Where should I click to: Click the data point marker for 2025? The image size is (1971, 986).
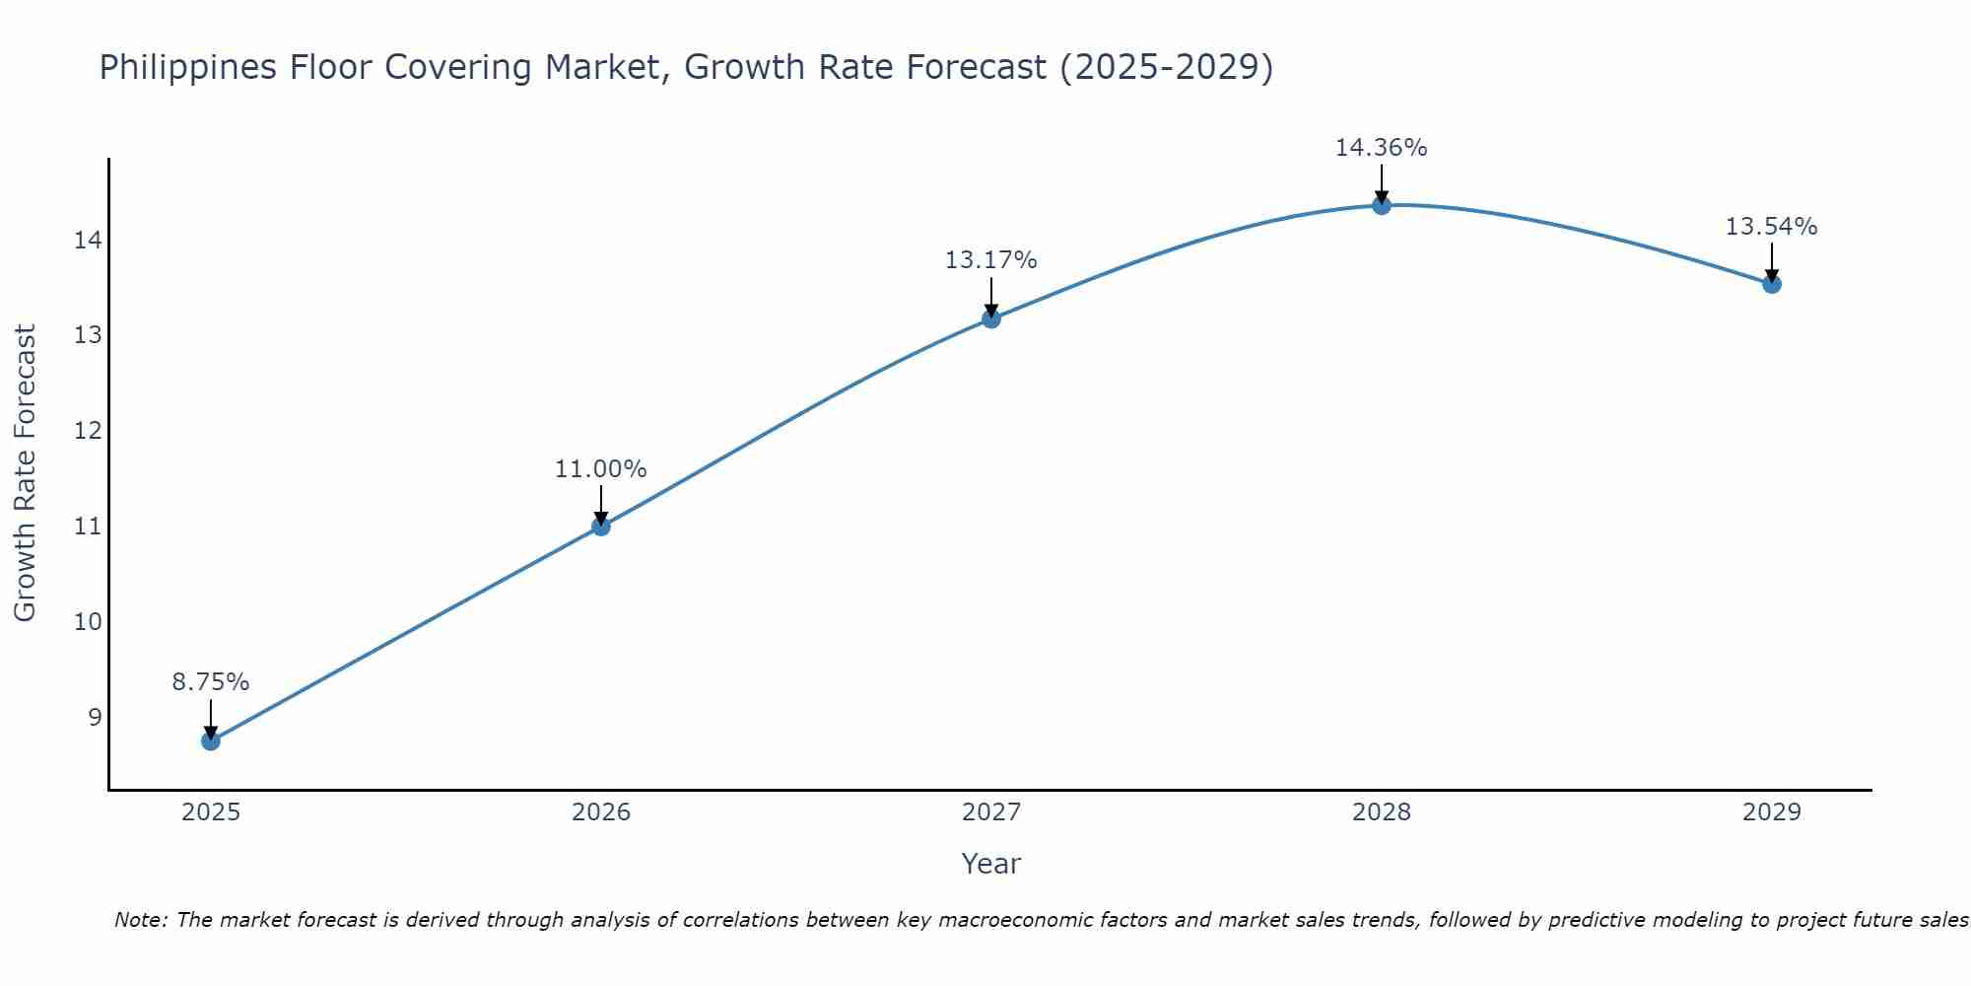coord(211,740)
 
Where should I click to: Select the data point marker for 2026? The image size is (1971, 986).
coord(601,527)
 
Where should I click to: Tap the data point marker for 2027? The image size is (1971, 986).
coord(991,318)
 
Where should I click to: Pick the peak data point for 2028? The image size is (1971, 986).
coord(1382,205)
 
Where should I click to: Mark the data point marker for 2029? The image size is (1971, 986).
coord(1772,284)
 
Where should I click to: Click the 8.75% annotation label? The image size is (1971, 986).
coord(211,682)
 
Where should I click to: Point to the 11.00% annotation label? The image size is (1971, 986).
coord(601,469)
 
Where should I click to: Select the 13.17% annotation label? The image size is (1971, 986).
coord(991,260)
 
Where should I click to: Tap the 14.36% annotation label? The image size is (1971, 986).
coord(1382,148)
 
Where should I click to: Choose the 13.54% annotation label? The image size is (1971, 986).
coord(1772,227)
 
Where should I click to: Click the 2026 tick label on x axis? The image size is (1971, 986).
coord(601,812)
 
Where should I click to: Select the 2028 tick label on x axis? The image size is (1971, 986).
coord(1382,812)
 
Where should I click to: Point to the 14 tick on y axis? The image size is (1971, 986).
coord(87,240)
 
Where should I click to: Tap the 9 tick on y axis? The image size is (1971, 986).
coord(95,717)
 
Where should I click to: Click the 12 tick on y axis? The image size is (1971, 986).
coord(87,431)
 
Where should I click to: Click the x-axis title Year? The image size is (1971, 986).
coord(991,864)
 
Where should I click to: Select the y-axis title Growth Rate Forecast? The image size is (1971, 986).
coord(26,473)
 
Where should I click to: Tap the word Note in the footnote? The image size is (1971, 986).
coord(142,920)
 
